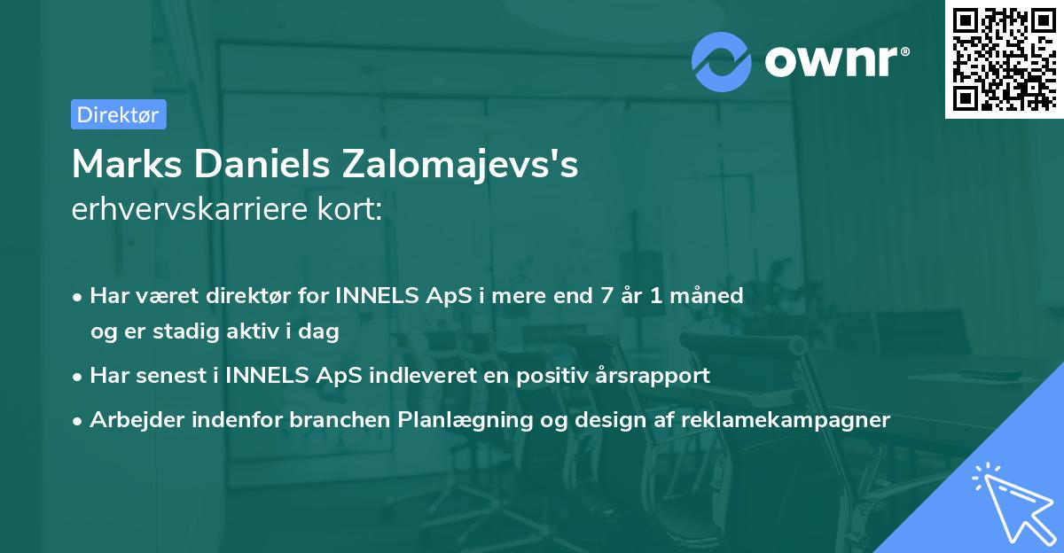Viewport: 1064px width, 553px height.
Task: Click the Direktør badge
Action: click(119, 114)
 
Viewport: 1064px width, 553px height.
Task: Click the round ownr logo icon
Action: click(721, 61)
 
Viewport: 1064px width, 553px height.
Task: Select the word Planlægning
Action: click(469, 419)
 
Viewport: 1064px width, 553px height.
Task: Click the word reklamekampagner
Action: click(786, 419)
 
